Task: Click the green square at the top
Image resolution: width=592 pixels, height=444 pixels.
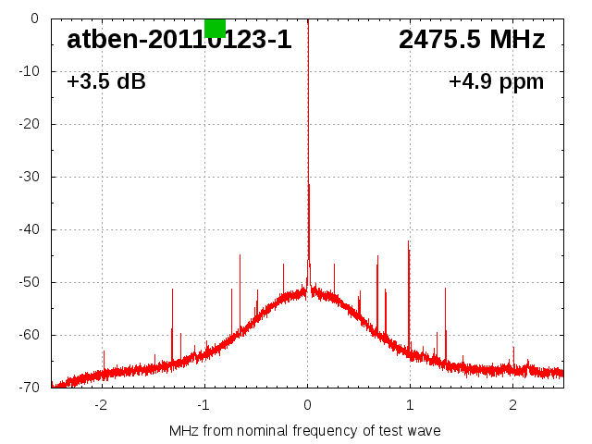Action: [215, 28]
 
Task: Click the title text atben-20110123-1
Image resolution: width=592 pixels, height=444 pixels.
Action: [179, 40]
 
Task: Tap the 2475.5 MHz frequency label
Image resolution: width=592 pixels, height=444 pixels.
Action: [472, 40]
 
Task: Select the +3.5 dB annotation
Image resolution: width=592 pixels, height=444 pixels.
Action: [106, 81]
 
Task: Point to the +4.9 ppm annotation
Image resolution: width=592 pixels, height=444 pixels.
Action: [497, 81]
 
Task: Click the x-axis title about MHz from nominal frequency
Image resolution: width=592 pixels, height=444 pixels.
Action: [305, 430]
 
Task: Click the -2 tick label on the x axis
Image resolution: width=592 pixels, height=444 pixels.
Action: [101, 405]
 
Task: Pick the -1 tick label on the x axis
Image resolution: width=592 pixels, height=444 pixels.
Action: [203, 405]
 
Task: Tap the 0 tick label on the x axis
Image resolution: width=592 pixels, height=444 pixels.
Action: [307, 405]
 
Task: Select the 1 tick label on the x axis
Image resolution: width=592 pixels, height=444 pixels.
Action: [410, 405]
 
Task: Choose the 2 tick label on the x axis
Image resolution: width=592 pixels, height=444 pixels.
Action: [512, 405]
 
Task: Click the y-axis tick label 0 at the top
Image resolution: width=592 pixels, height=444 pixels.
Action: [33, 18]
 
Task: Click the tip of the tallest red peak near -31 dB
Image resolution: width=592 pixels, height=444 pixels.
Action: [308, 184]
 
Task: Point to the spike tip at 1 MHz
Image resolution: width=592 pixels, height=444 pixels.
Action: [409, 241]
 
